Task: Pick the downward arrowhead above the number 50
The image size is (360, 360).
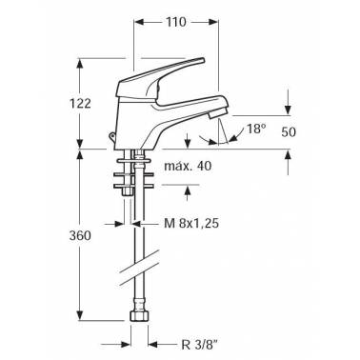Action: (x=287, y=106)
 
